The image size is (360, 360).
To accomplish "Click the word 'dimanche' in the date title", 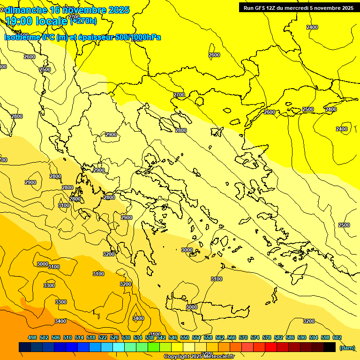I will [x=26, y=10].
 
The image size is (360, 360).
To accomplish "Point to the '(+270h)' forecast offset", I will [x=83, y=21].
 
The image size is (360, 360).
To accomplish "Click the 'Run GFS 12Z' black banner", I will [x=298, y=7].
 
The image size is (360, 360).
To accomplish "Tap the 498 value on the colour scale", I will [x=32, y=337].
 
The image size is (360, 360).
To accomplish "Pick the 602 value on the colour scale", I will [x=337, y=337].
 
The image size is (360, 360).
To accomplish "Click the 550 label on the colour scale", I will [x=185, y=337].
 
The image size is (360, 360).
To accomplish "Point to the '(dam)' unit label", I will [x=347, y=347].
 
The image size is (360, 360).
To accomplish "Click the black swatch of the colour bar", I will [x=330, y=347].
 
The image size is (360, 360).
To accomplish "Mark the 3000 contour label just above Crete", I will [x=192, y=307].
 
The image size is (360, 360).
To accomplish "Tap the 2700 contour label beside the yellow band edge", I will [x=179, y=95].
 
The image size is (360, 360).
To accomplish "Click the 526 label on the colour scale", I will [x=114, y=337].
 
